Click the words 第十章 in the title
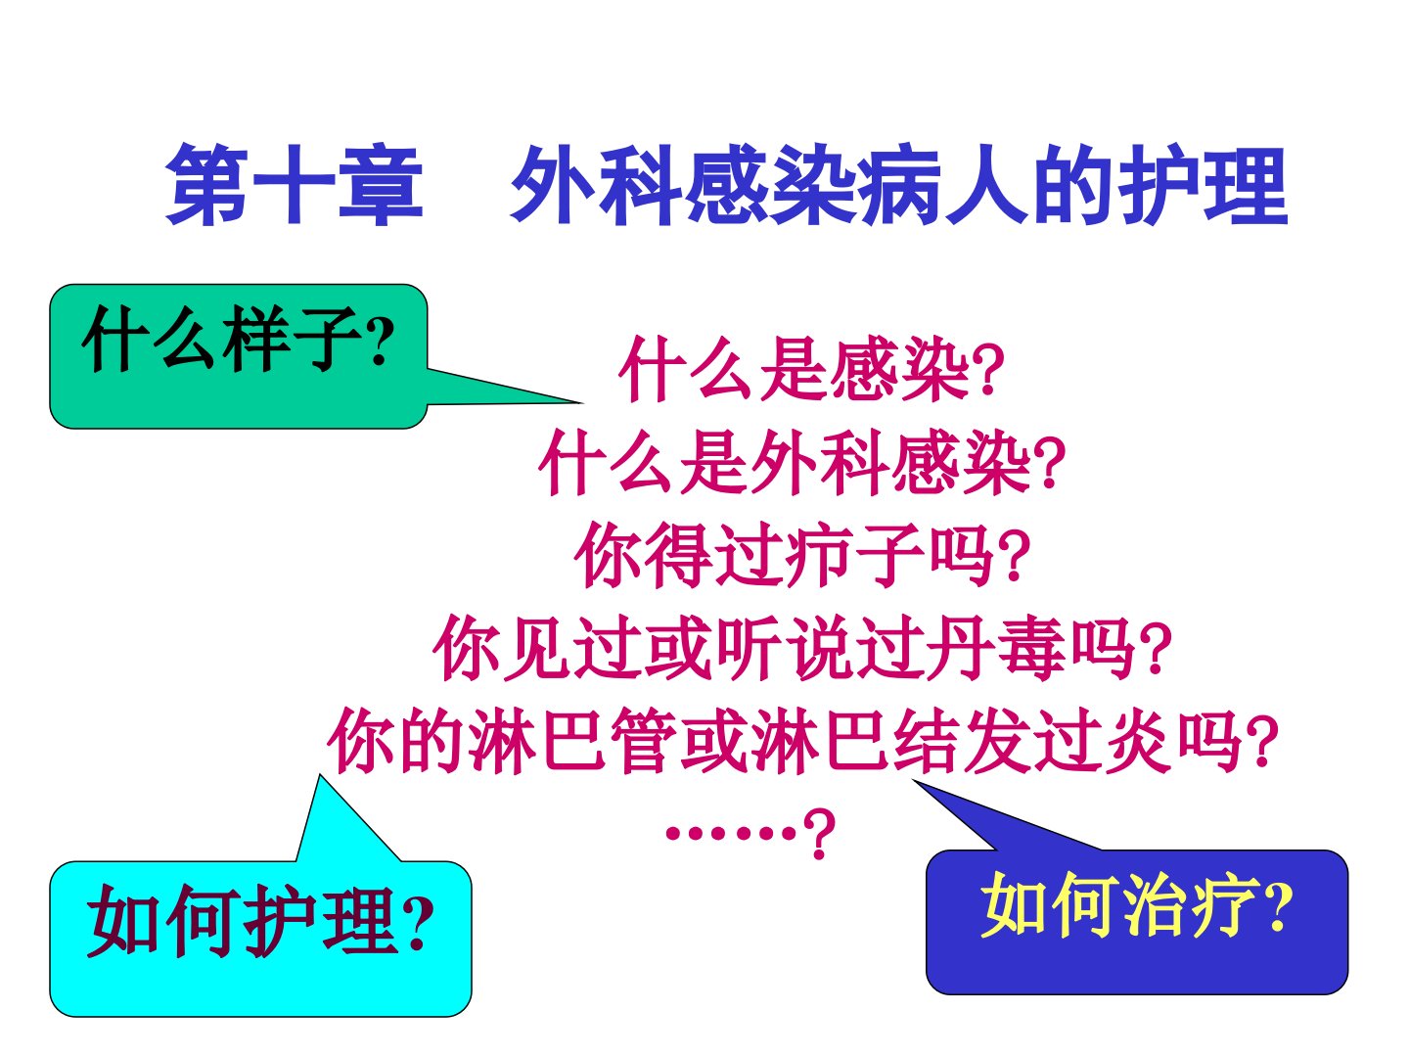pyautogui.click(x=295, y=185)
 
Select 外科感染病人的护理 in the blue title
pyautogui.click(x=899, y=185)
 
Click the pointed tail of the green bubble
pyautogui.click(x=581, y=402)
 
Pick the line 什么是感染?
pyautogui.click(x=811, y=369)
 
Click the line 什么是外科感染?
pyautogui.click(x=802, y=462)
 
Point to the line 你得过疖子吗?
pyautogui.click(x=802, y=555)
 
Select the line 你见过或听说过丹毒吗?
pyautogui.click(x=802, y=648)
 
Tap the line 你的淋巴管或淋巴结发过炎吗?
pyautogui.click(x=802, y=741)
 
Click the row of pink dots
pyautogui.click(x=731, y=833)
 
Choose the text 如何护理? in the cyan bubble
pyautogui.click(x=260, y=920)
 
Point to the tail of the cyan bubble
pyautogui.click(x=320, y=776)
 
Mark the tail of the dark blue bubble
pyautogui.click(x=914, y=781)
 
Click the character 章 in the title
pyautogui.click(x=381, y=185)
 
